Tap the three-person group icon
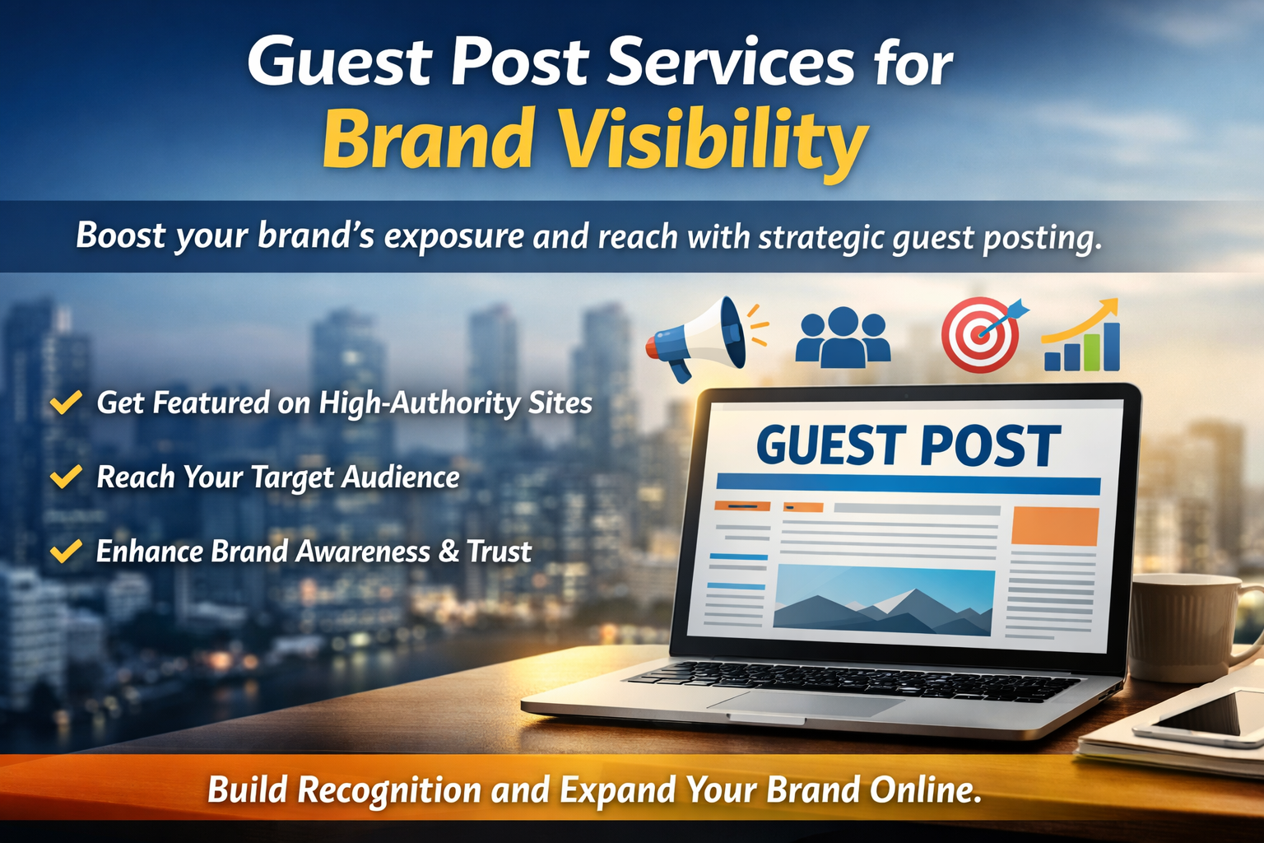[843, 337]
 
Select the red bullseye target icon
[982, 334]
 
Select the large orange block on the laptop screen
[1055, 526]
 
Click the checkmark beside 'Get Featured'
[66, 403]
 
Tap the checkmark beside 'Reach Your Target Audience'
[66, 477]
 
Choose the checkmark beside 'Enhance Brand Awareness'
[66, 551]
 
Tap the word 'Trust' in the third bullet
[499, 552]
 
